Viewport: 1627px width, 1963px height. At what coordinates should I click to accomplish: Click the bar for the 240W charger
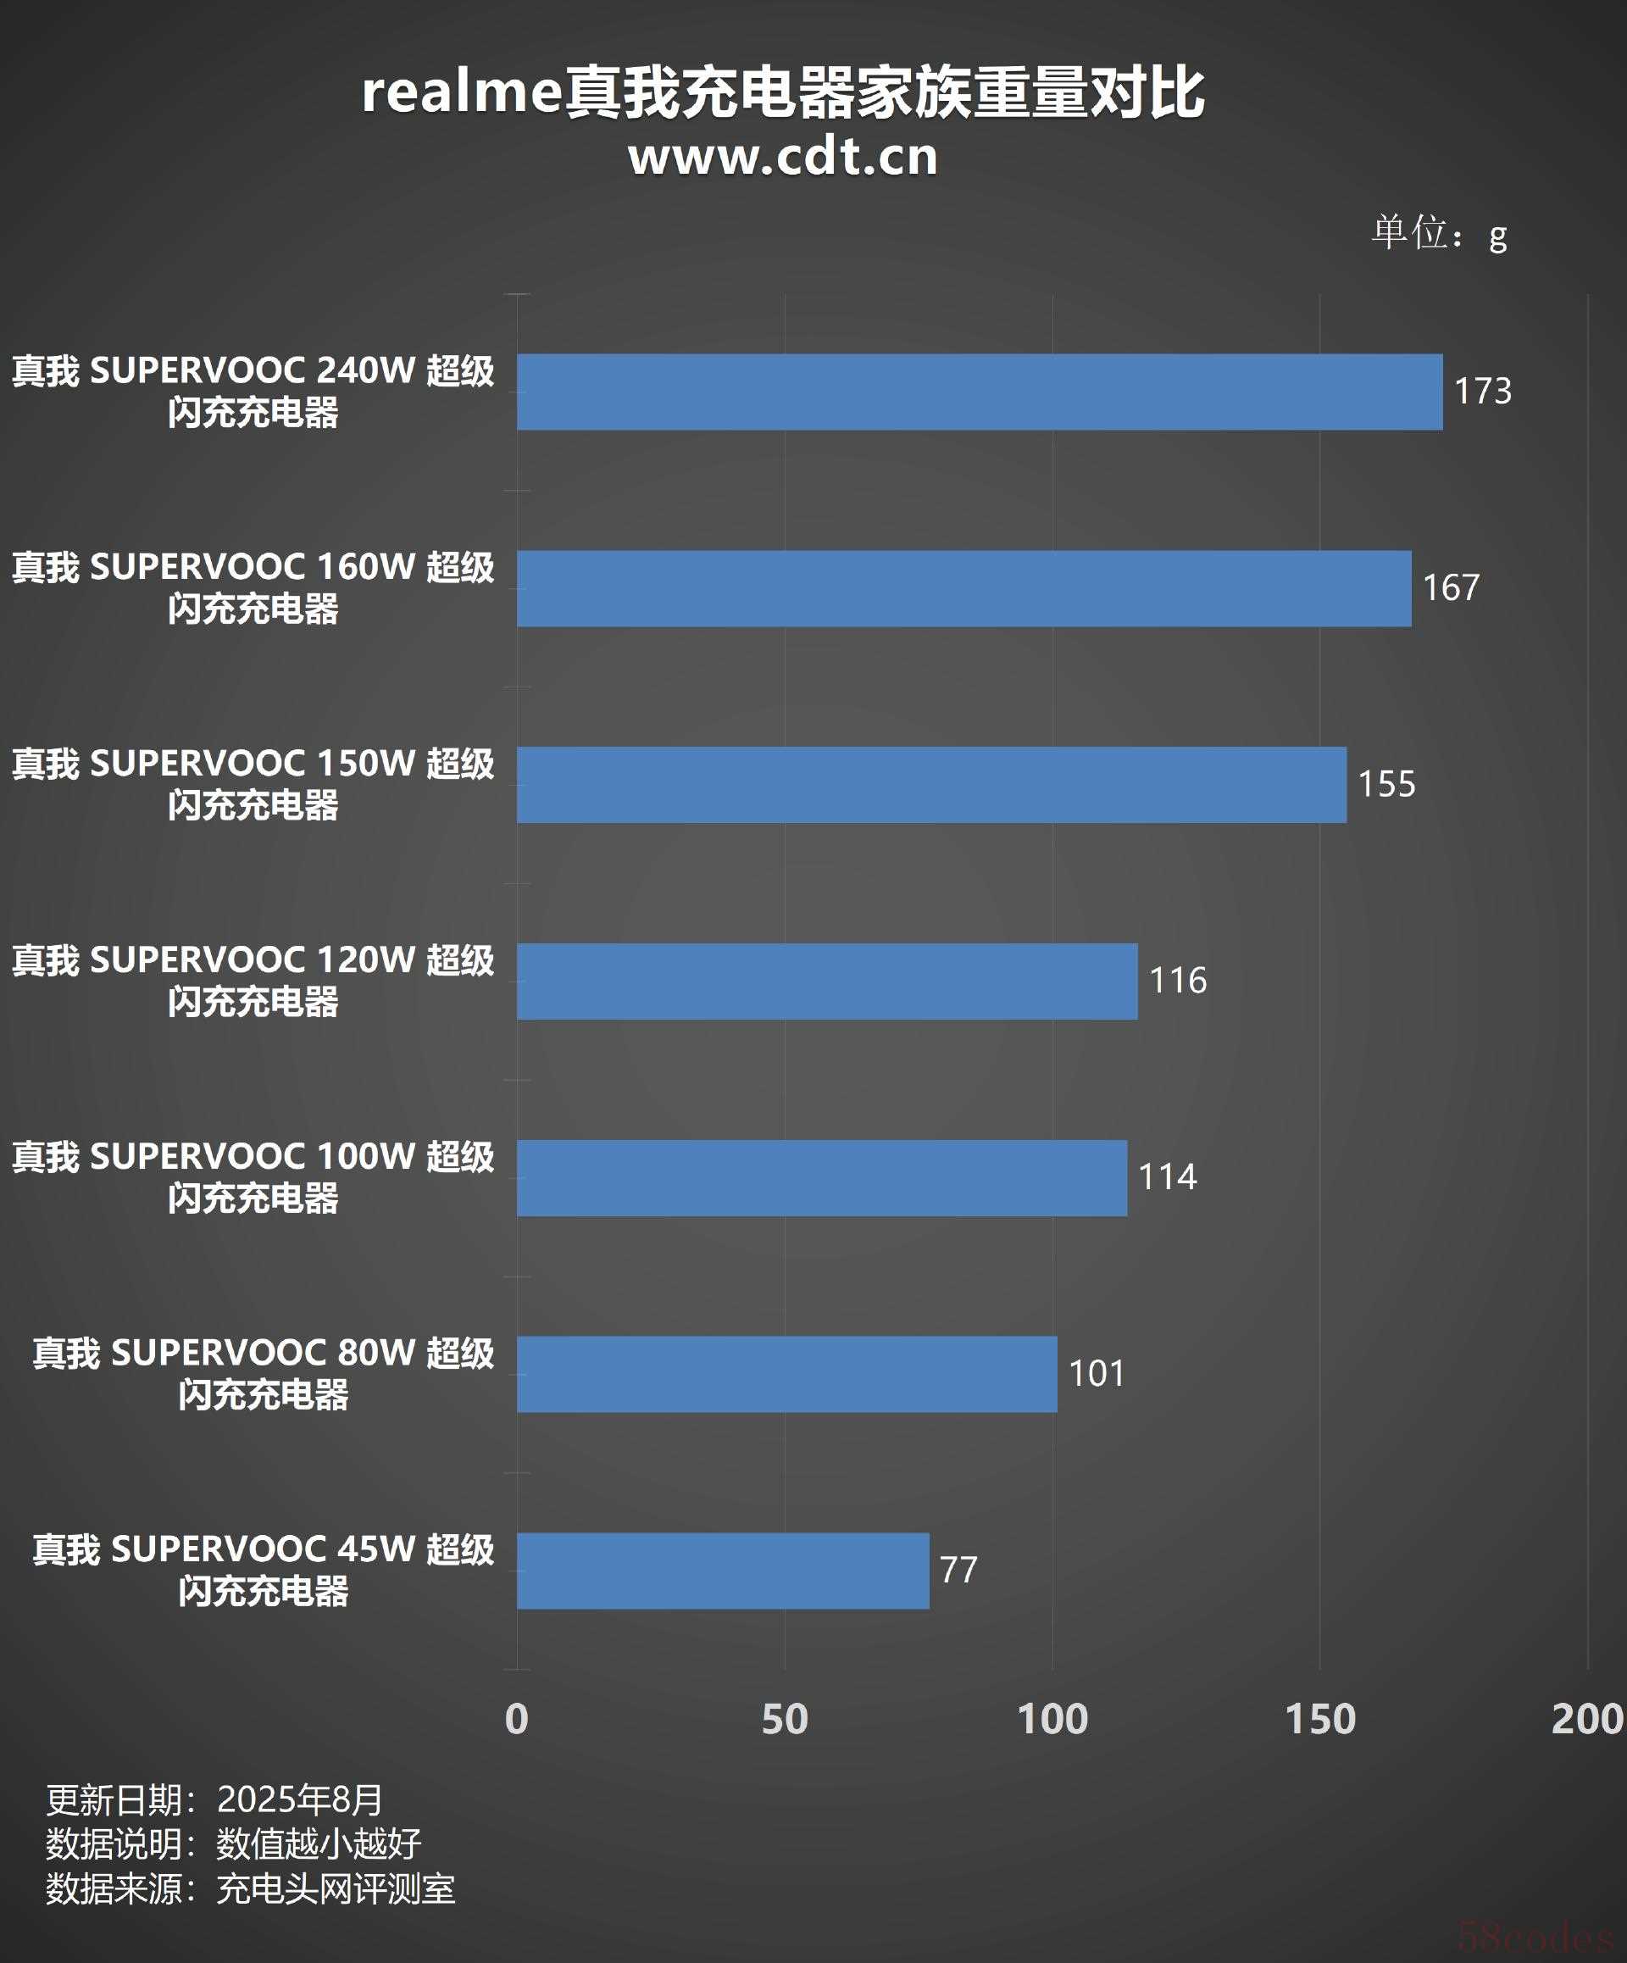coord(980,392)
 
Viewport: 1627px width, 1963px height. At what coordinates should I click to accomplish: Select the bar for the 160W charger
coord(963,588)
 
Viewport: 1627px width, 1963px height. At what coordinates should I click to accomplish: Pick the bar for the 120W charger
coord(827,981)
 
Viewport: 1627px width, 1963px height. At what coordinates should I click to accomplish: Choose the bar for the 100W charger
coord(821,1178)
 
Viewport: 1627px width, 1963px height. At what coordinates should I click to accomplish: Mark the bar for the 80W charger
coord(787,1374)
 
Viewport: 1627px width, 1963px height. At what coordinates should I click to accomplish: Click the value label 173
coord(1482,391)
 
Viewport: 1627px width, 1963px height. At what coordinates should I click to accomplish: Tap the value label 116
coord(1178,981)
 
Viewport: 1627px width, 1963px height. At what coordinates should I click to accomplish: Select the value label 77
coord(958,1571)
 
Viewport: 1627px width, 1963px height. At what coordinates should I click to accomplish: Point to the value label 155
coord(1385,784)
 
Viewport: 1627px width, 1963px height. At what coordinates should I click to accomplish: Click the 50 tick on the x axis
coord(784,1719)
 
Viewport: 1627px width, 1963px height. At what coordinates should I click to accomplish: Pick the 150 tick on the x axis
coord(1319,1719)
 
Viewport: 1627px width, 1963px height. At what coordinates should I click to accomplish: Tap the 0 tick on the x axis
coord(517,1719)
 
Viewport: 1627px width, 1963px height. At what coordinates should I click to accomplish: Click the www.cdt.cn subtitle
coord(783,157)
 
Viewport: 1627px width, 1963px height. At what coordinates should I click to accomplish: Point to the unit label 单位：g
coord(1439,233)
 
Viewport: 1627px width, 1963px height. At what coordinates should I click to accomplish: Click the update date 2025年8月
coord(300,1799)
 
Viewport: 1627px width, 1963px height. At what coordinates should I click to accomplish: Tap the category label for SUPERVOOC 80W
coord(263,1374)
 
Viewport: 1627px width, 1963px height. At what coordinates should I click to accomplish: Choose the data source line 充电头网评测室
coord(336,1889)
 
